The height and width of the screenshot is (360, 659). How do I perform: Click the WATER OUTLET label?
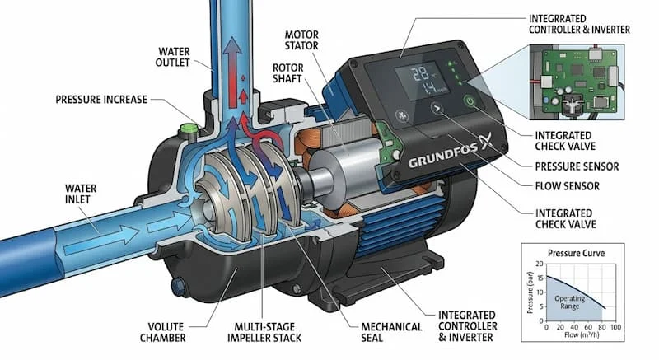172,57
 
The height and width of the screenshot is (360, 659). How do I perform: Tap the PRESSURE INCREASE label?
101,100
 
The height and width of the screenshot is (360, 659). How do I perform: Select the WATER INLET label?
81,194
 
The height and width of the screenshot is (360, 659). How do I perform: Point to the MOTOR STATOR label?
301,40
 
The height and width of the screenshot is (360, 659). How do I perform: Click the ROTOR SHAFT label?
287,73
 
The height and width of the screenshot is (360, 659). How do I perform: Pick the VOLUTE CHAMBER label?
162,332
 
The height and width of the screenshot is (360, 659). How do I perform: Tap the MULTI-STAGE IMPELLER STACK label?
264,332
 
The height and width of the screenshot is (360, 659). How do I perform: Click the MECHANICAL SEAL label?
391,332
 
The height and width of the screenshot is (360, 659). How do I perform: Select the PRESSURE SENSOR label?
577,166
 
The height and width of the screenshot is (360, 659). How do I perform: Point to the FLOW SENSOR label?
567,186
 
